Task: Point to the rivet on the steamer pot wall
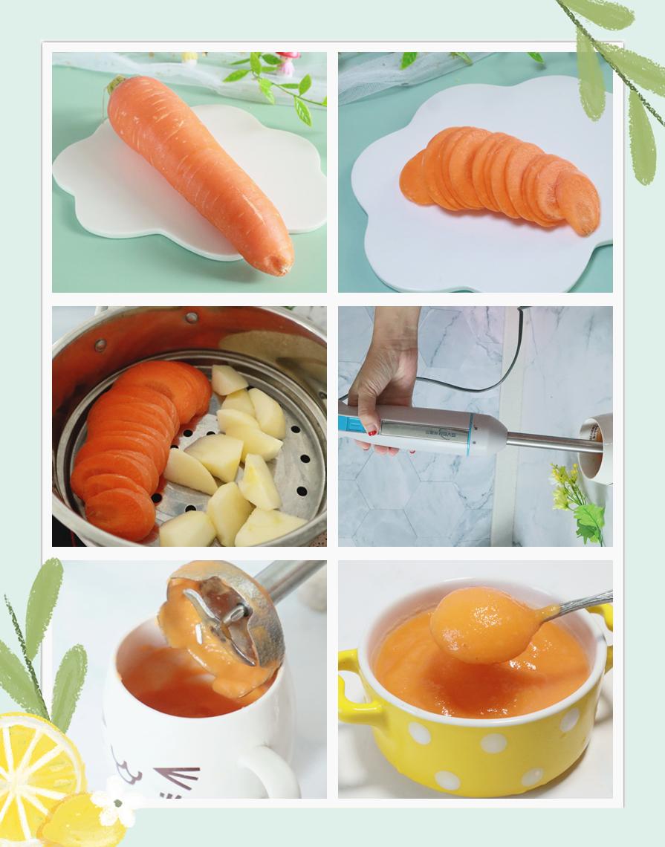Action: [100, 345]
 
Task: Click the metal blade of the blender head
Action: [223, 613]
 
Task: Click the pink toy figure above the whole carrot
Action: [286, 62]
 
